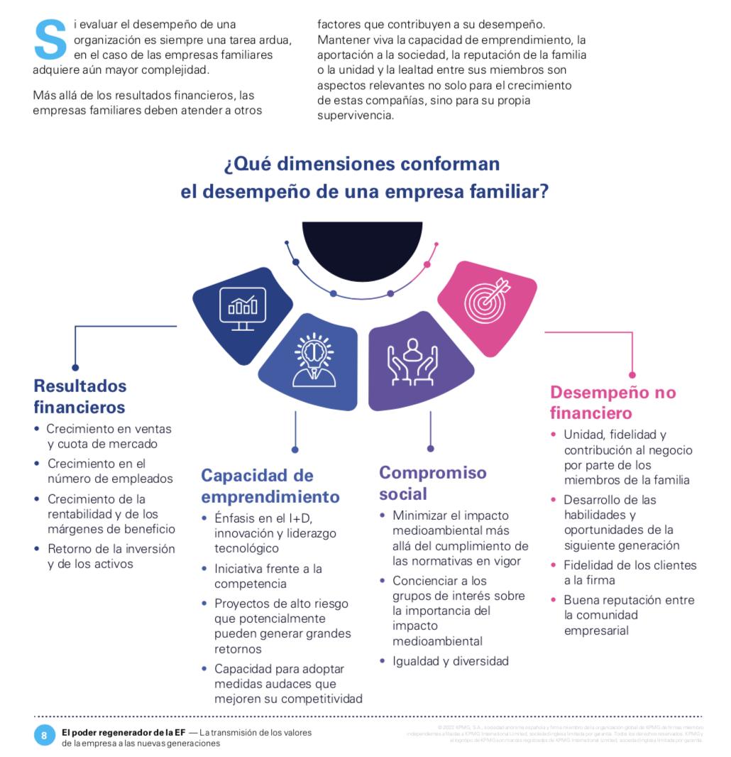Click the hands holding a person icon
pyautogui.click(x=412, y=362)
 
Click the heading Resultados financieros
pyautogui.click(x=80, y=396)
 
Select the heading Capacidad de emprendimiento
pyautogui.click(x=270, y=485)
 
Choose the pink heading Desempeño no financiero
pyautogui.click(x=613, y=402)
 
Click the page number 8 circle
pyautogui.click(x=44, y=735)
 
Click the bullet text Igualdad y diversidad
pyautogui.click(x=450, y=661)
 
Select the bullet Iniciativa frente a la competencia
pyautogui.click(x=268, y=576)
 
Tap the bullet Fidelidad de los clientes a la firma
pyautogui.click(x=630, y=572)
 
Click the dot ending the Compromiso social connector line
pyautogui.click(x=430, y=448)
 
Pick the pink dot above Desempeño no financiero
pyautogui.click(x=632, y=375)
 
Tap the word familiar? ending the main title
pyautogui.click(x=508, y=192)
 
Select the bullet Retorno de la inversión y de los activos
pyautogui.click(x=111, y=557)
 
